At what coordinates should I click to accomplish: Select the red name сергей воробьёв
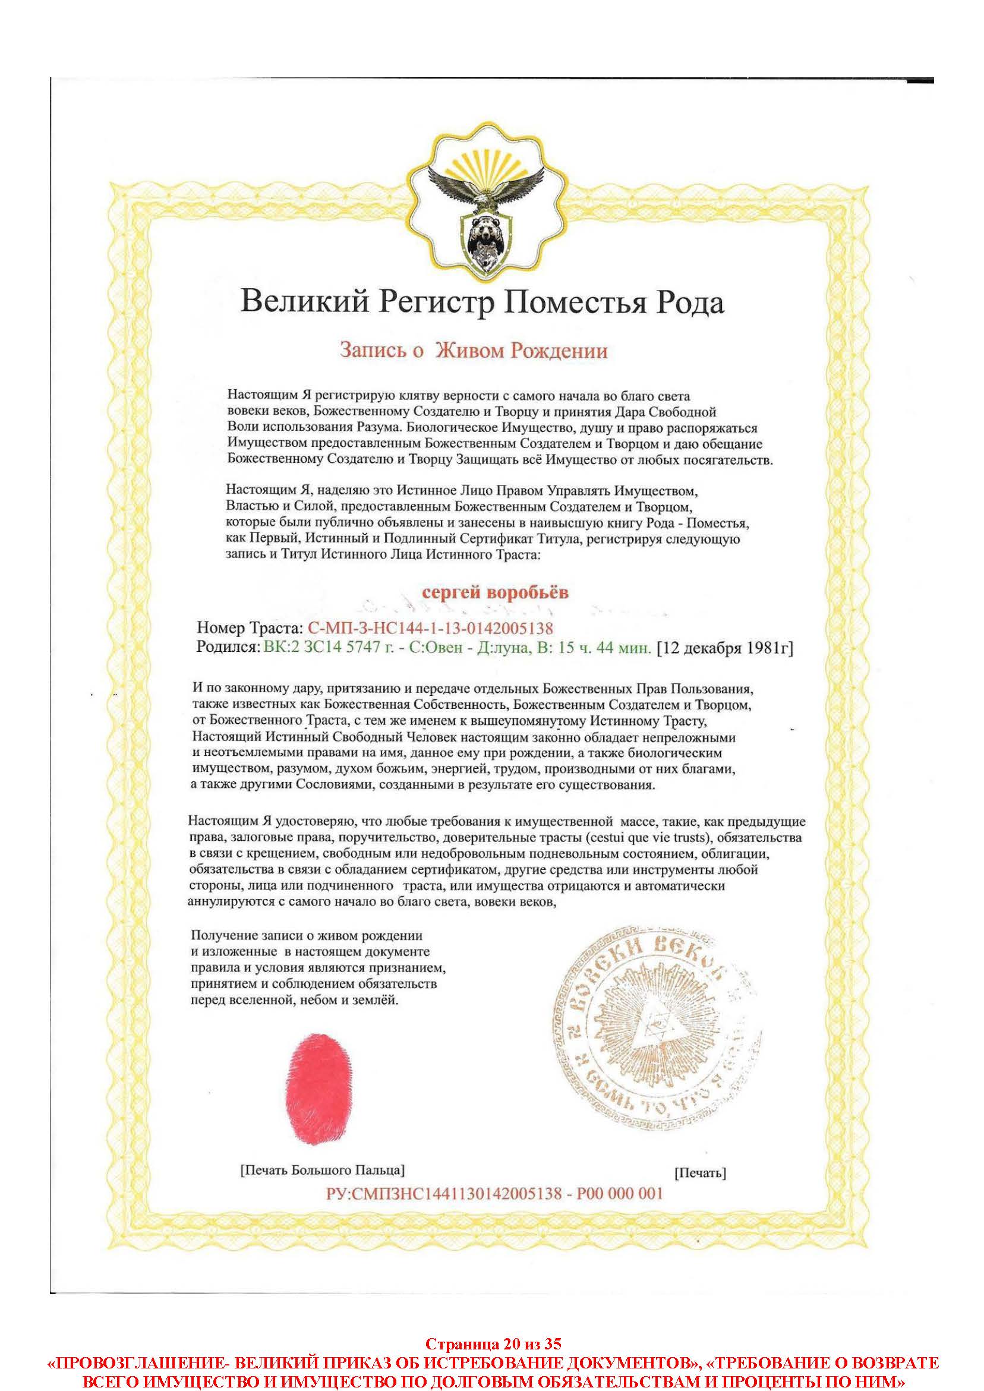[495, 592]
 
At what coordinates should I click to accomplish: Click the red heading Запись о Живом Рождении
[473, 351]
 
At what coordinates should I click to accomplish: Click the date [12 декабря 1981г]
[725, 648]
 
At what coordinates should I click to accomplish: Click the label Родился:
[228, 648]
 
